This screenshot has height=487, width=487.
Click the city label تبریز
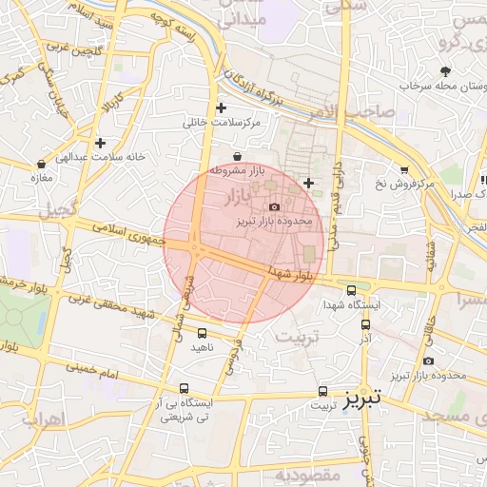(x=362, y=395)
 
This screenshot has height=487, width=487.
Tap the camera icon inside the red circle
(x=275, y=206)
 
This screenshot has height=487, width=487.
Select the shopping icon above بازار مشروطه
(x=237, y=157)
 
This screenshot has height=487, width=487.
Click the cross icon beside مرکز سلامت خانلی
(x=222, y=108)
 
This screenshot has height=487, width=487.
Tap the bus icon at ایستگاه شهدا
(x=352, y=291)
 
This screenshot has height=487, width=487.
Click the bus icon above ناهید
(x=202, y=333)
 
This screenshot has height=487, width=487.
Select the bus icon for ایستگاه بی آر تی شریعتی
(x=184, y=389)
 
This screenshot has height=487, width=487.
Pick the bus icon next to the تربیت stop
(x=322, y=390)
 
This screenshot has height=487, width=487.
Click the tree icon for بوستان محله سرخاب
(x=444, y=71)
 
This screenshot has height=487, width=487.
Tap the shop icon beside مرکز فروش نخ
(x=405, y=168)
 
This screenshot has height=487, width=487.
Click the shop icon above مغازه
(x=39, y=163)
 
